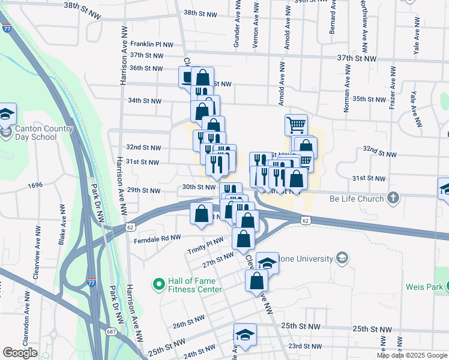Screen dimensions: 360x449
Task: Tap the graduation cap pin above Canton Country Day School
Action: coord(7,113)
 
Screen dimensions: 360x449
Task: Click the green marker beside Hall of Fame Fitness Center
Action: coord(159,284)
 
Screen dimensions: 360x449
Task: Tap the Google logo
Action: coord(20,353)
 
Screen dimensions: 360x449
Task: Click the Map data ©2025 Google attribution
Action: coord(411,355)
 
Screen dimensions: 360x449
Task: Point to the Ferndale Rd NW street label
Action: coord(158,238)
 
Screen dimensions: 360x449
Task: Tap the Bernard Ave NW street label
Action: coord(331,17)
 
